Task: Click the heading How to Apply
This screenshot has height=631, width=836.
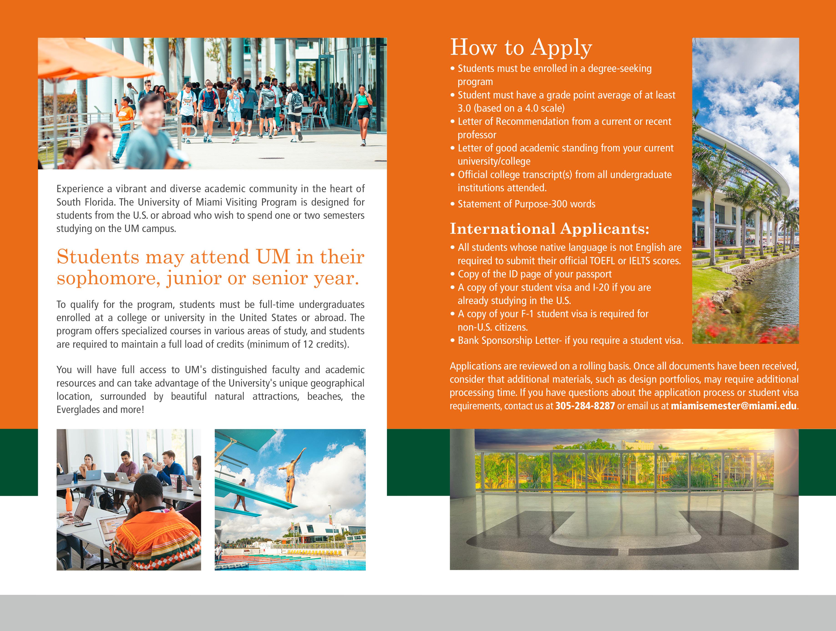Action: pos(521,48)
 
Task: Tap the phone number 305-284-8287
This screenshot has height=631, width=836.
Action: pos(585,406)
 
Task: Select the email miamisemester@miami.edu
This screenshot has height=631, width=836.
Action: pos(733,406)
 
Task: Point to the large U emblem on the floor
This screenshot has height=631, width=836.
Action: pos(624,537)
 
